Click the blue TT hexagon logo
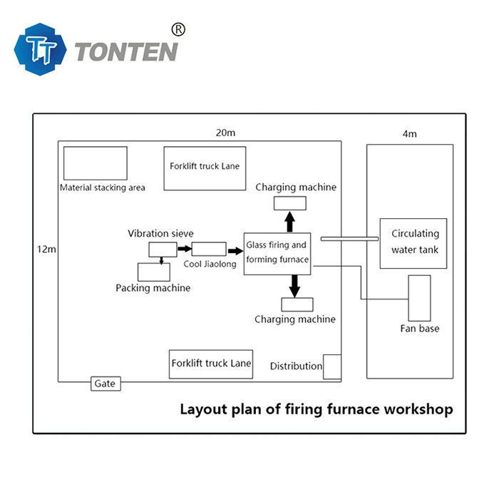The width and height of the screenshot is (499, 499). click(x=41, y=49)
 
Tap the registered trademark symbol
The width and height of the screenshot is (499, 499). click(x=179, y=29)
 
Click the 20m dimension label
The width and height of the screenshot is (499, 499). click(x=226, y=133)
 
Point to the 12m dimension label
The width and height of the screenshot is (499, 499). click(x=46, y=249)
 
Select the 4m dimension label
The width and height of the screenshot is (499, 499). click(x=409, y=133)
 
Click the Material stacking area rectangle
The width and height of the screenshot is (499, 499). click(x=95, y=163)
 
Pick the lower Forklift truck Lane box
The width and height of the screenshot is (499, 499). click(x=211, y=364)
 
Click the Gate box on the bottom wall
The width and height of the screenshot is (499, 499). click(x=104, y=384)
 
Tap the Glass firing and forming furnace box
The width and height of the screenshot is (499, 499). click(x=277, y=254)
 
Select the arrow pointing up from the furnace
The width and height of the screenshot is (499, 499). click(x=289, y=221)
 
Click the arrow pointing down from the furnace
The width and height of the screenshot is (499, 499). click(x=294, y=286)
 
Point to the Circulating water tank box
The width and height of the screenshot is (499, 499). click(x=413, y=243)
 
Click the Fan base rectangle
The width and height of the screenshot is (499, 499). click(x=419, y=298)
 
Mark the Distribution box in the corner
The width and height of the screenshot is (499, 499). click(x=331, y=366)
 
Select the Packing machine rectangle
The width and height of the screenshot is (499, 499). click(x=158, y=272)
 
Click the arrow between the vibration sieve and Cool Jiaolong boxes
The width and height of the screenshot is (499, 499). click(x=184, y=249)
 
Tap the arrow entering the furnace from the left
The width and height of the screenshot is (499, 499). click(x=235, y=251)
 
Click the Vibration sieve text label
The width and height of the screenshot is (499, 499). click(x=160, y=233)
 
